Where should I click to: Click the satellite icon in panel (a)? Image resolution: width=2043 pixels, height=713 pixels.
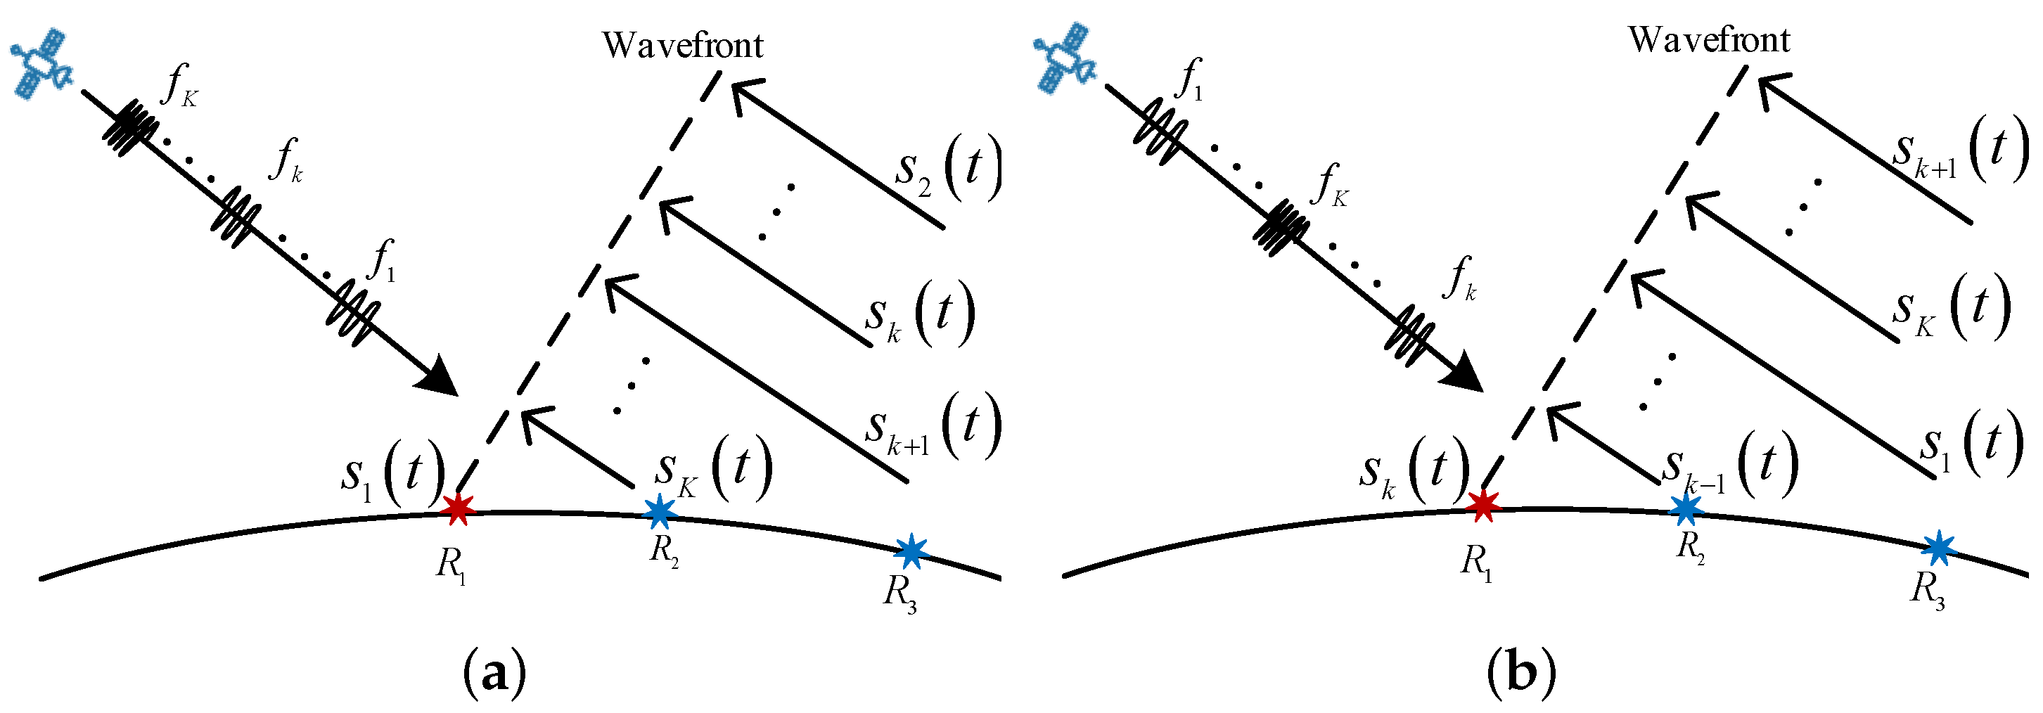(41, 63)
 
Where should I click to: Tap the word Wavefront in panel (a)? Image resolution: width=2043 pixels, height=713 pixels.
(682, 45)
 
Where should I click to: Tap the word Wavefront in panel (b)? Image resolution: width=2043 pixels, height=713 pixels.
(1709, 39)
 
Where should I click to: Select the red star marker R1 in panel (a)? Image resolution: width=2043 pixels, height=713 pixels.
(458, 508)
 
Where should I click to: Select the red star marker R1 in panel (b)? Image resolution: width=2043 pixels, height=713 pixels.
(1482, 505)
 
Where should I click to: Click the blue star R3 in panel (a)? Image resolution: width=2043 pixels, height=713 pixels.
(911, 551)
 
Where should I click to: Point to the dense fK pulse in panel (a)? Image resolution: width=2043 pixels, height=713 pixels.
(129, 129)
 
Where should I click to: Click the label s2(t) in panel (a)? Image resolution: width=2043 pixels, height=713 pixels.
(948, 169)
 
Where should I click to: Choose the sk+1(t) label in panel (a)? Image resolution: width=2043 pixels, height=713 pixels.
(932, 428)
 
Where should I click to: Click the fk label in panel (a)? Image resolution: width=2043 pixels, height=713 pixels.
(286, 161)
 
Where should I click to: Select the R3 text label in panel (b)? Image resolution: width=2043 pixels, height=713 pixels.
(1926, 590)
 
